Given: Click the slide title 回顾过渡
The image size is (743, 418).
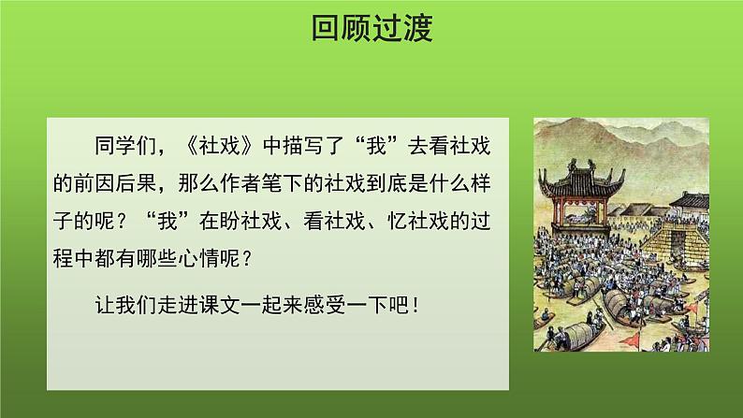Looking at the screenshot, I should (x=371, y=30).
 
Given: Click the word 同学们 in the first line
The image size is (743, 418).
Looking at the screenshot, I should (x=125, y=148).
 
